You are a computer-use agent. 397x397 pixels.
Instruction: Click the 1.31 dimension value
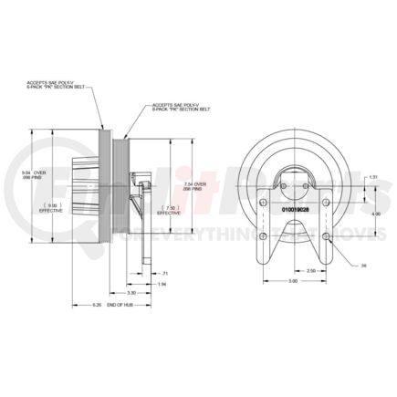point(374,177)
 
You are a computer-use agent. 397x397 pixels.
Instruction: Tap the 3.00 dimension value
point(292,281)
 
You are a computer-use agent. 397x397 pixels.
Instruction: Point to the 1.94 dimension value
point(161,285)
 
